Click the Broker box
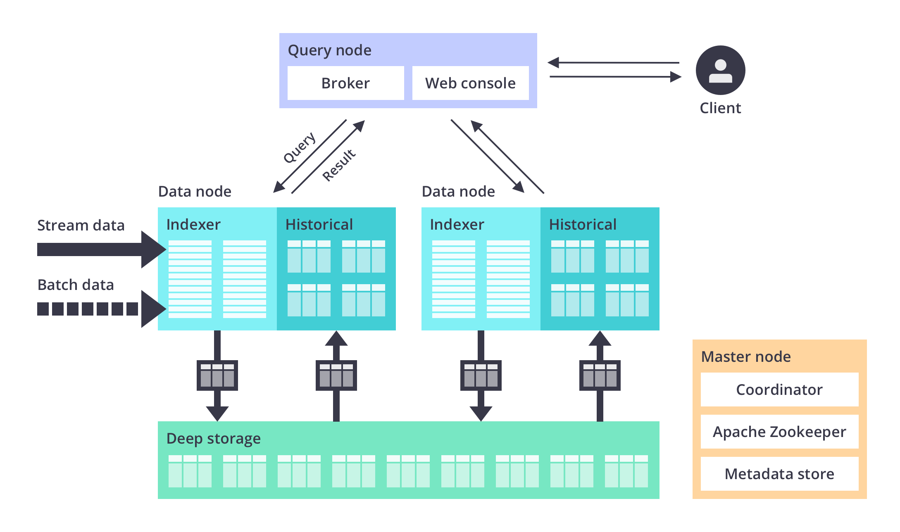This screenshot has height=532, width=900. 345,83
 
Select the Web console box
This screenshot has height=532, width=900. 470,83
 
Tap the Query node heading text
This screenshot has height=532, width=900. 329,50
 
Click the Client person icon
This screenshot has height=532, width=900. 720,70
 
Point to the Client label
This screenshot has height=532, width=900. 720,108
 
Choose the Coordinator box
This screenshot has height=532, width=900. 779,389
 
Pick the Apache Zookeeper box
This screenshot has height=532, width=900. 779,432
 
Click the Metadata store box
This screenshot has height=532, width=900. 779,474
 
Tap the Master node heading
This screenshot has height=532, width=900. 746,356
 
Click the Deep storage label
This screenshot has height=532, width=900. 213,438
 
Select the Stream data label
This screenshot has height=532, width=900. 81,225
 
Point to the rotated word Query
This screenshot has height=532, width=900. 300,147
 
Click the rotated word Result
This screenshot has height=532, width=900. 339,165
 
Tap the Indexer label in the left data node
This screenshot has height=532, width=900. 193,224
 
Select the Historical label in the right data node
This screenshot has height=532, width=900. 583,224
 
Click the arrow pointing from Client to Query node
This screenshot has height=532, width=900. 614,63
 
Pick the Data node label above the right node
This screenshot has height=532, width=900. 458,192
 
